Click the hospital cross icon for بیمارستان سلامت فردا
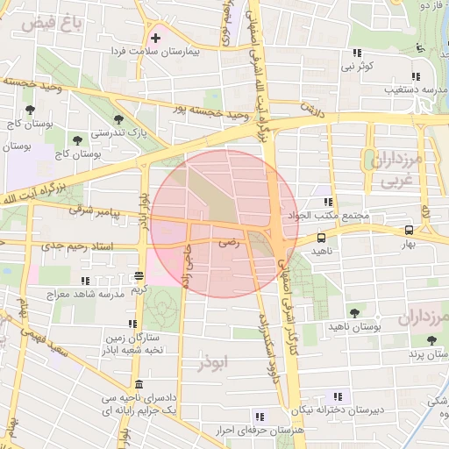tap(156, 38)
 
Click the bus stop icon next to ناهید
tap(321, 237)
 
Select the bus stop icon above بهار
tap(409, 231)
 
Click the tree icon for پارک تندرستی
tap(117, 120)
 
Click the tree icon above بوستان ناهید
tap(354, 312)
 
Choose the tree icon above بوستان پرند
tap(430, 339)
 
